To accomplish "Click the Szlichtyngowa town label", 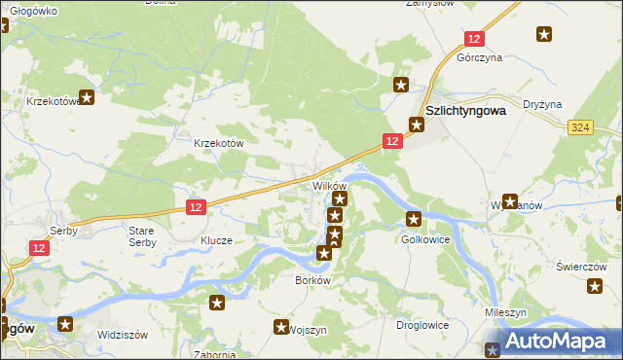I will coord(465,110).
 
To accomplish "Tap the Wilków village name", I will coord(328,185).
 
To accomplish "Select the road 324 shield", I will coord(581,127).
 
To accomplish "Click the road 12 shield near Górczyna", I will coord(474,38).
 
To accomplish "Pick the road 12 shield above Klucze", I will coord(196,206).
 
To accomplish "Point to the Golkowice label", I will coord(424,238).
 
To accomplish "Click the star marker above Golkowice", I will coord(414,219).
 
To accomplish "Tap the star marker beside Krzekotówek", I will coord(88,96).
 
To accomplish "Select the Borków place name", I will coord(313,279).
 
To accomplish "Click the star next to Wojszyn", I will coord(282,328).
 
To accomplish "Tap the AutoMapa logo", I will coord(552,342).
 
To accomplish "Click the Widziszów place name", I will coord(122,334).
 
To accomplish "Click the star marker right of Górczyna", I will coord(543,35).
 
